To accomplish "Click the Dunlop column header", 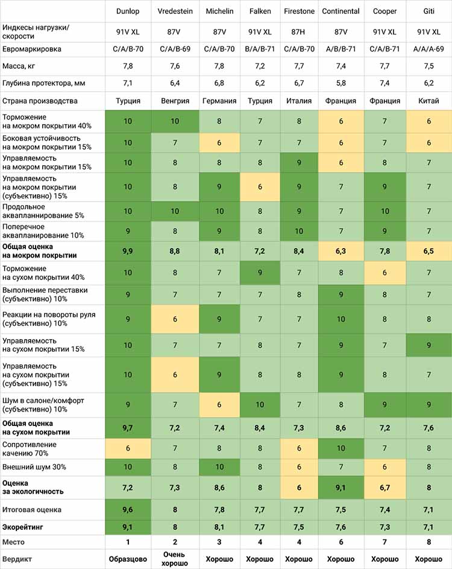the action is point(128,11).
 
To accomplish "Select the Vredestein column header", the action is point(175,11).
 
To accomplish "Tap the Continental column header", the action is point(341,11).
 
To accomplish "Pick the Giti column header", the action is point(429,11).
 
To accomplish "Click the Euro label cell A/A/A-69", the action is point(428,49).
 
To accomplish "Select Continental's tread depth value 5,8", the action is point(341,83).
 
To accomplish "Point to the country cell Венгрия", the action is point(175,101).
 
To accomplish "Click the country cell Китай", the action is point(429,101).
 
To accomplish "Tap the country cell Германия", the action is point(219,101).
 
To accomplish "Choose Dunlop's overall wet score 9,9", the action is point(128,251).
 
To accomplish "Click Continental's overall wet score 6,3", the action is point(341,251).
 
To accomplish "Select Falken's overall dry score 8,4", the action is point(260,428).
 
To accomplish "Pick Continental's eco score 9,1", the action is point(341,488).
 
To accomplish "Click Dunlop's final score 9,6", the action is point(128,510).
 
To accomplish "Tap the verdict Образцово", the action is point(128,559).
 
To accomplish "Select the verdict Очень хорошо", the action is point(174,559).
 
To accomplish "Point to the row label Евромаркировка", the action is point(31,49).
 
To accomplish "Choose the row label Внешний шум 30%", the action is point(34,467).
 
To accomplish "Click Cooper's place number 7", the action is point(385,542).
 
